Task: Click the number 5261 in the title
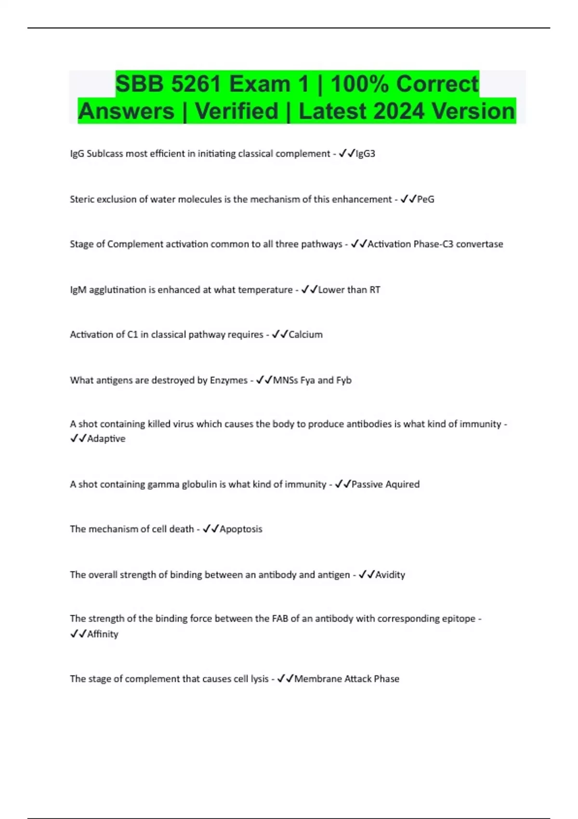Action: tap(196, 84)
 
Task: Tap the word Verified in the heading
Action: tap(236, 111)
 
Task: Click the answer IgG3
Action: tap(365, 154)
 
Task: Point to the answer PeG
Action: tap(426, 199)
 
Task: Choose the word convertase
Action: tap(479, 244)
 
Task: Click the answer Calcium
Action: tap(305, 334)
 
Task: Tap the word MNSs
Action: tap(285, 380)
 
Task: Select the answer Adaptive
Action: tap(106, 438)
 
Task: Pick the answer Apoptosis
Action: tap(241, 529)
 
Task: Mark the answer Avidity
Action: tap(390, 575)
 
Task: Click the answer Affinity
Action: tap(103, 634)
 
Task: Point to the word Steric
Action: tap(82, 199)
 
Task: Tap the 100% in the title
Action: tap(360, 84)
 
